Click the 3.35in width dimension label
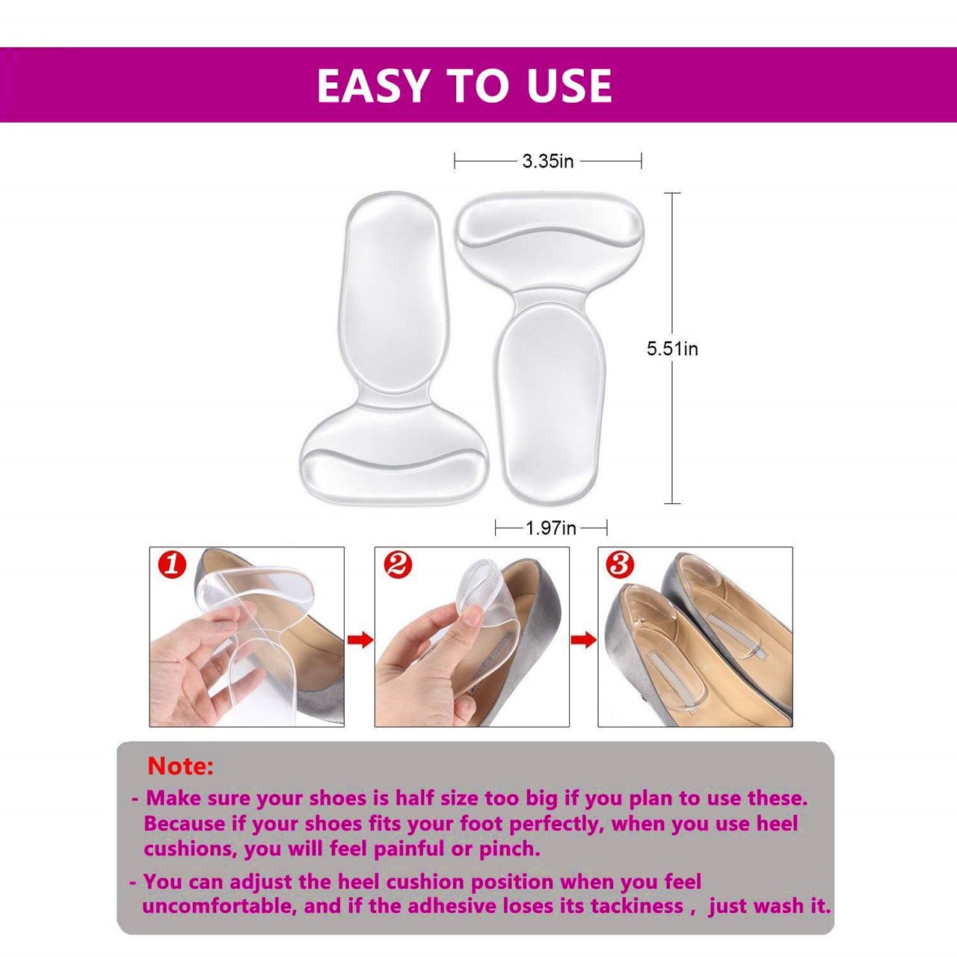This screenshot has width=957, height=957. [548, 161]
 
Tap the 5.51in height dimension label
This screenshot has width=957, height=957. [672, 348]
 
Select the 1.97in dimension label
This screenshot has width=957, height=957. [551, 529]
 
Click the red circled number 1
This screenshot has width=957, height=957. [171, 566]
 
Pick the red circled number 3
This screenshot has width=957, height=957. [619, 566]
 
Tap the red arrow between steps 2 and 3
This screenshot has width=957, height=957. [584, 640]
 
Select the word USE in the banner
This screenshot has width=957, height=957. [570, 85]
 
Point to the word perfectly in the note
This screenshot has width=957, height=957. [556, 824]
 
